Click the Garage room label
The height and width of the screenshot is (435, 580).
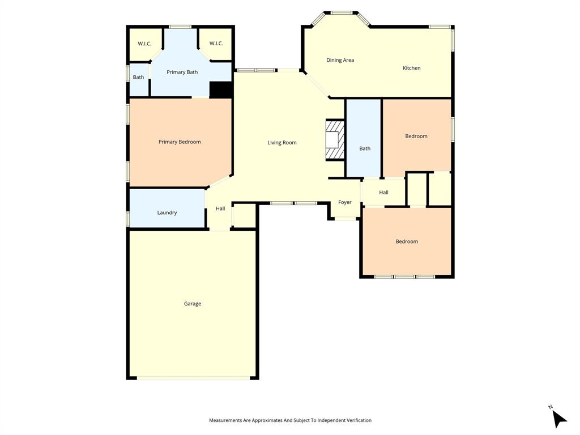192,304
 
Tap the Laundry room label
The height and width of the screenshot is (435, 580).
167,212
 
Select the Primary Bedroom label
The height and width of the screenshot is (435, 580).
180,142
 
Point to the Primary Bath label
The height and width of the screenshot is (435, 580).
182,72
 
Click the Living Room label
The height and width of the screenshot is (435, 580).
282,143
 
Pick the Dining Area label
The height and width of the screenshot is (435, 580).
340,60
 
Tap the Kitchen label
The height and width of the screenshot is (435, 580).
411,68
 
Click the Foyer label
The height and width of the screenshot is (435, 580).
344,202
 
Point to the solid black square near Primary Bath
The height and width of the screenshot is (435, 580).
221,90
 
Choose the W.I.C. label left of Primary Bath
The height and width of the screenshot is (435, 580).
144,44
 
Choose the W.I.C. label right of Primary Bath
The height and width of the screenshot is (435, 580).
216,44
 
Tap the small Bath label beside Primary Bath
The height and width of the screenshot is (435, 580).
138,77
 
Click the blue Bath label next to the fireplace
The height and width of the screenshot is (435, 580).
365,148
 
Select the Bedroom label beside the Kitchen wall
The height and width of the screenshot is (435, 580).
416,136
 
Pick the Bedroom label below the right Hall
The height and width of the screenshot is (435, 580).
406,241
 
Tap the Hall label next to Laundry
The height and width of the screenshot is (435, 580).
220,208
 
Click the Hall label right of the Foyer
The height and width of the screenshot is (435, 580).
383,193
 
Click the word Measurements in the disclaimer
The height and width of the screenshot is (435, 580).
225,420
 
